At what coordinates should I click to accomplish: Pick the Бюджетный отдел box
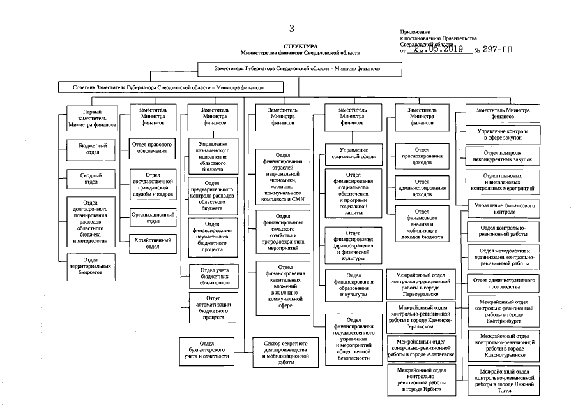pos(93,149)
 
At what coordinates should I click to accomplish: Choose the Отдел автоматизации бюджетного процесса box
pos(214,307)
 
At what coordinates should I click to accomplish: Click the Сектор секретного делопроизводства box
pos(286,352)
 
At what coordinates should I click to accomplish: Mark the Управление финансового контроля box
pos(504,209)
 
